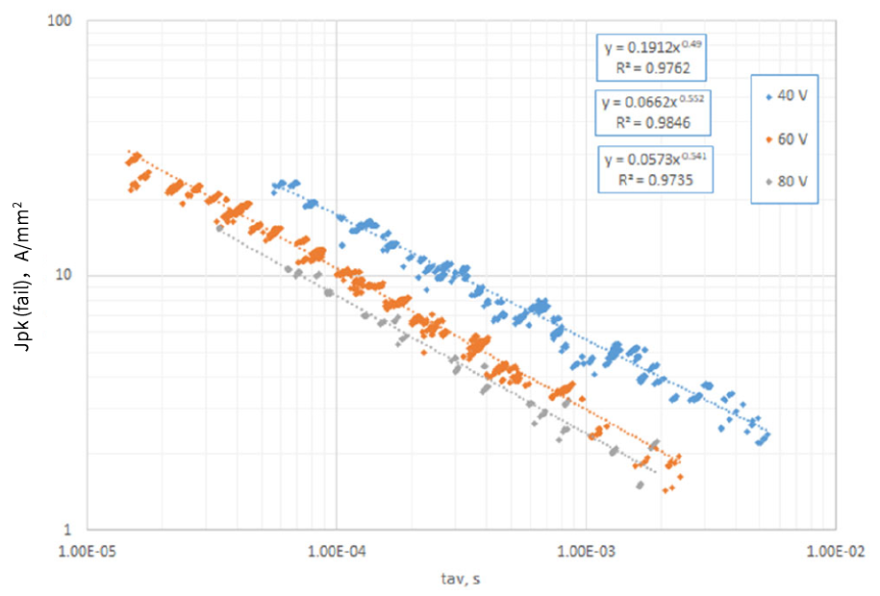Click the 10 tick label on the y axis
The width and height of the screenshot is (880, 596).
pyautogui.click(x=66, y=275)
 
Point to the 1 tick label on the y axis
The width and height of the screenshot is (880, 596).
pyautogui.click(x=70, y=530)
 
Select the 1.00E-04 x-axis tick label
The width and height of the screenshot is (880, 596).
pyautogui.click(x=336, y=552)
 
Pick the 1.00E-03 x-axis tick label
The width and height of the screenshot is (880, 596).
pyautogui.click(x=585, y=552)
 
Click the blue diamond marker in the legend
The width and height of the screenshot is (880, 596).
pyautogui.click(x=768, y=98)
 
